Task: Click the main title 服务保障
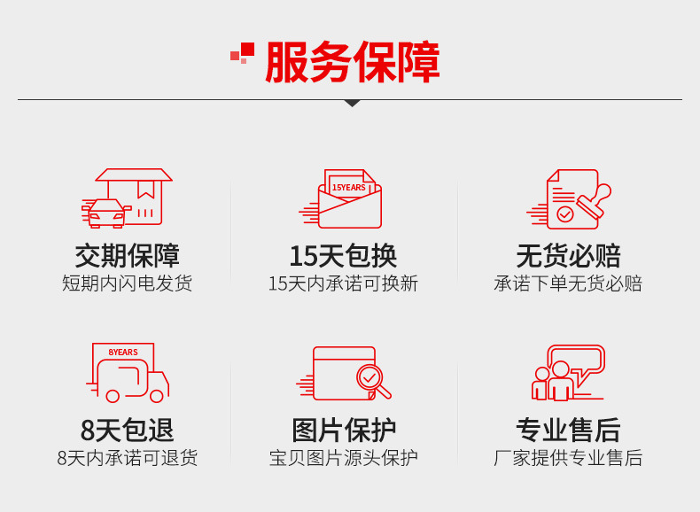click(x=353, y=62)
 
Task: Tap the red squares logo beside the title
click(x=243, y=52)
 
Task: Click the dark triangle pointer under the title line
click(x=353, y=103)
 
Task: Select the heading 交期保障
click(x=128, y=256)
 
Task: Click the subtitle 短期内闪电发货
click(x=128, y=283)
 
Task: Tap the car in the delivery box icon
click(x=106, y=213)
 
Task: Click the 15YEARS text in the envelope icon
click(x=348, y=188)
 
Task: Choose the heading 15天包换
click(x=343, y=256)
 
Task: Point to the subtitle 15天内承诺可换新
click(x=343, y=283)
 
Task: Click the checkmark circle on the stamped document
click(x=565, y=214)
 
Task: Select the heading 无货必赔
click(x=568, y=256)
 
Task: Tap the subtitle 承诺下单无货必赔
click(x=568, y=283)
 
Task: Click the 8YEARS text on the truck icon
click(x=123, y=353)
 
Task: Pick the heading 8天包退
click(x=128, y=430)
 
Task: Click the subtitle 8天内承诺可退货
click(x=128, y=458)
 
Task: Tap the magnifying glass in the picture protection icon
click(x=372, y=381)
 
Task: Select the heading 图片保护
click(x=344, y=430)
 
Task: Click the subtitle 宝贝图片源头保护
click(x=343, y=458)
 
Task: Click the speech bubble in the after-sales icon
click(x=576, y=360)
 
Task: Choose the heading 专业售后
click(x=568, y=430)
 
